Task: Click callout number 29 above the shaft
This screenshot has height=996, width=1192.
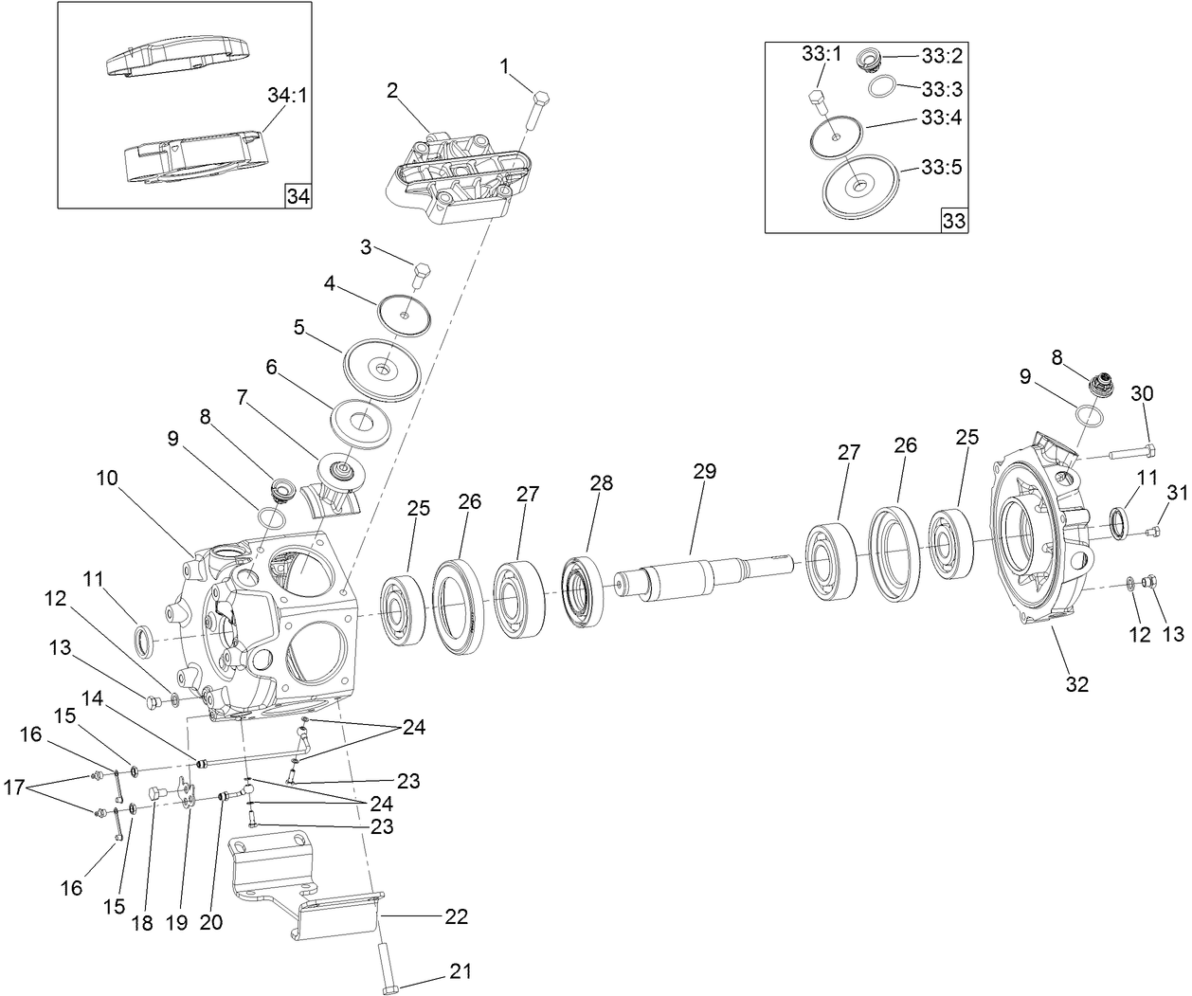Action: (704, 471)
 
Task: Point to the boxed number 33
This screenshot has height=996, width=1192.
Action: (953, 222)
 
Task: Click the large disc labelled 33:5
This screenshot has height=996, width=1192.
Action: (858, 186)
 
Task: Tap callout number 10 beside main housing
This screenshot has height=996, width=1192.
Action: (106, 479)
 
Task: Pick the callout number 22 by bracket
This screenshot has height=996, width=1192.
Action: (456, 916)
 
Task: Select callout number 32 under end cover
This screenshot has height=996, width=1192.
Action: (1076, 683)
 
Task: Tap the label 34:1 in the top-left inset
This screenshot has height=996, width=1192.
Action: (287, 96)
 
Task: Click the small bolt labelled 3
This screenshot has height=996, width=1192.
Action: (423, 274)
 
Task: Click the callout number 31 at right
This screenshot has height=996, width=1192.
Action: (1176, 492)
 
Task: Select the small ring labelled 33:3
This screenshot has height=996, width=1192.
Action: (883, 88)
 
